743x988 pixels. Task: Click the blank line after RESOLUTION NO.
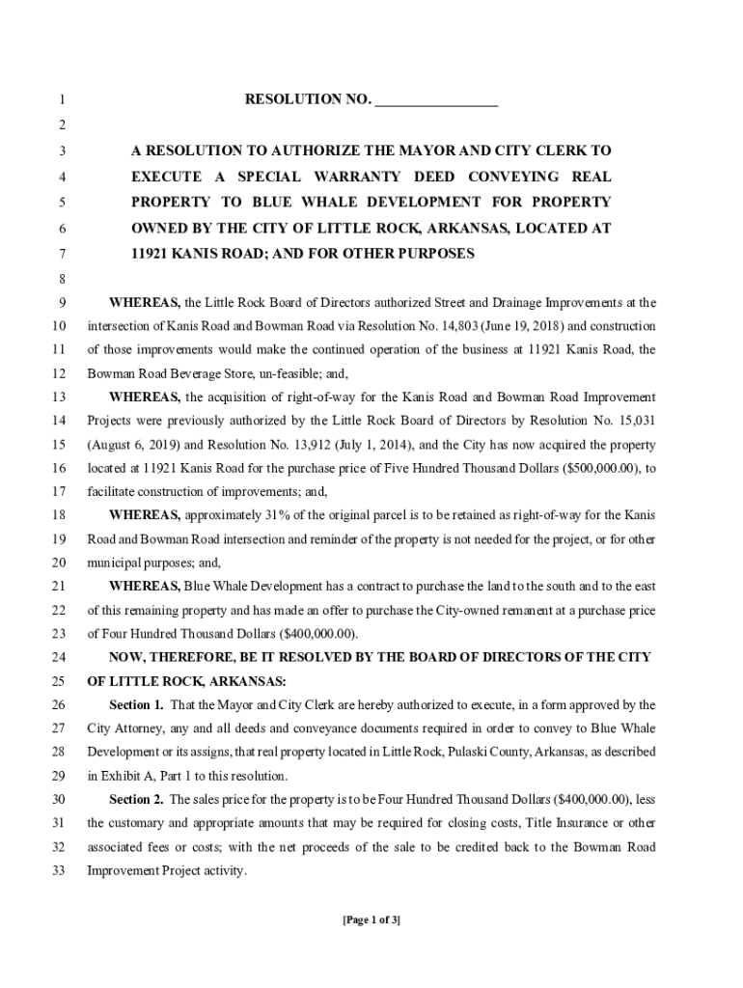(436, 100)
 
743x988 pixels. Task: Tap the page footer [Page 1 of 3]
(371, 919)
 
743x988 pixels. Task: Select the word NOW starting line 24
(127, 657)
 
